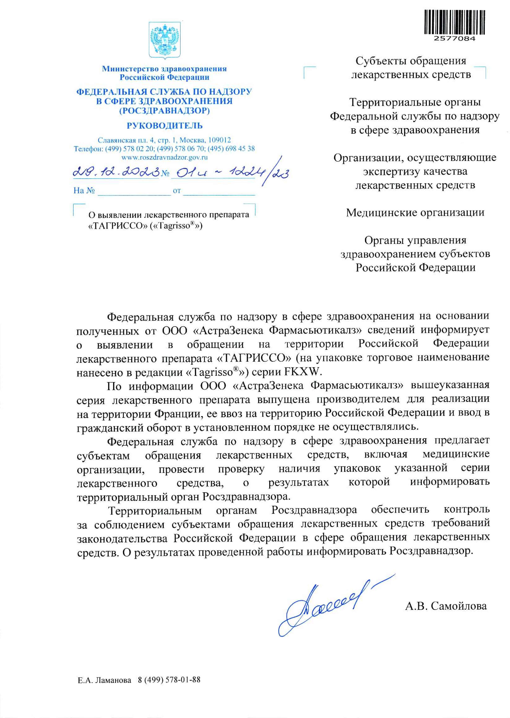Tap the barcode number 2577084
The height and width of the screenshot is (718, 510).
pyautogui.click(x=455, y=39)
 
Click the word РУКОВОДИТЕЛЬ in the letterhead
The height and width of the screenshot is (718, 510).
pyautogui.click(x=165, y=126)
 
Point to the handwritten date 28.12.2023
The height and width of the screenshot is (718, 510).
pyautogui.click(x=116, y=172)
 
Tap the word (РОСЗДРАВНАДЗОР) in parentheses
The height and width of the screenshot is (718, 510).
pyautogui.click(x=165, y=111)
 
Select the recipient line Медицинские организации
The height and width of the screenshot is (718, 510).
pyautogui.click(x=415, y=213)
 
